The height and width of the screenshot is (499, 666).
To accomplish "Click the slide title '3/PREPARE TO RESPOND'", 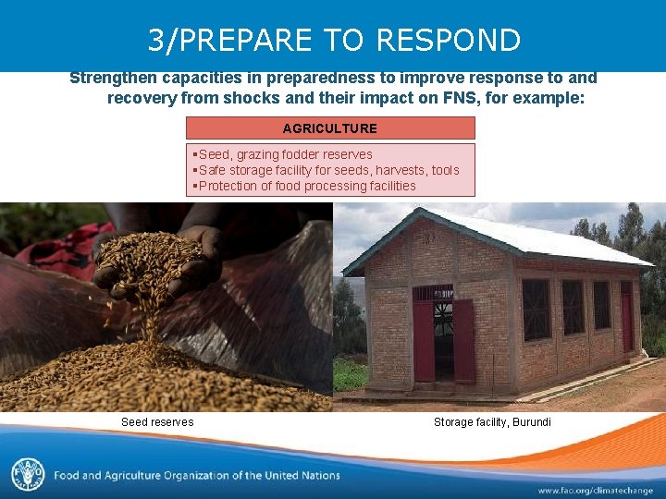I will (334, 40).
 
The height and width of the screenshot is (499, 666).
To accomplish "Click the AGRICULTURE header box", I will (329, 128).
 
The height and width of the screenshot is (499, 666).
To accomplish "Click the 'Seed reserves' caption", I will (157, 422).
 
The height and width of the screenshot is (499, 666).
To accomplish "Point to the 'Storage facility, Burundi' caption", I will (492, 422).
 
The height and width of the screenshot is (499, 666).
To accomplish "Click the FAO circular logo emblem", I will (28, 475).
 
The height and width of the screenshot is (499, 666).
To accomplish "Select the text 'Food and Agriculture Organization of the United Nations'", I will (197, 476).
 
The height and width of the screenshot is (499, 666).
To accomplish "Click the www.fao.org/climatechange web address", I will (595, 490).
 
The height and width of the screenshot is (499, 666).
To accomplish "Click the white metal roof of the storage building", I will (518, 236).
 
